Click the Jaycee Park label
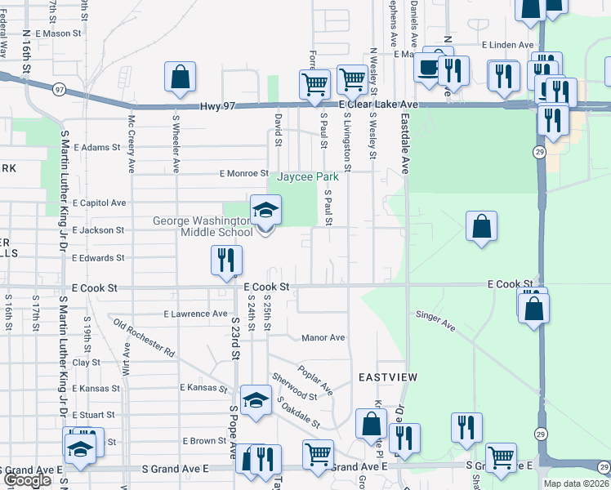pos(306,176)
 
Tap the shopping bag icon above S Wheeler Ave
pos(180,78)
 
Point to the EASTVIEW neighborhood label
pos(389,377)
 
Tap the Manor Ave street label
pos(323,337)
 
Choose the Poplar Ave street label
pos(315,378)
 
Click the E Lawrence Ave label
pos(196,313)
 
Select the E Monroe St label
pos(243,174)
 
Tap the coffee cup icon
pos(427,68)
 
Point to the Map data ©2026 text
pos(576,483)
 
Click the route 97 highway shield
pos(59,88)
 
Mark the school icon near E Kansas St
pos(256,401)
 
